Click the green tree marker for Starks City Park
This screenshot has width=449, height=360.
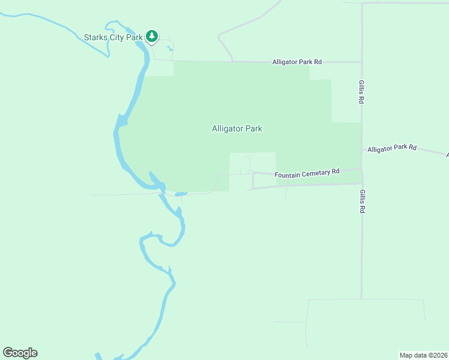(152, 37)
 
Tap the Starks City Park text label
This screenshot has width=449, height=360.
(113, 37)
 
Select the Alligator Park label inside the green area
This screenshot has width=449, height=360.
(237, 128)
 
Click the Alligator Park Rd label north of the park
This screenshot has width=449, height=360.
(297, 62)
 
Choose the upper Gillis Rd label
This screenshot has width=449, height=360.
(361, 92)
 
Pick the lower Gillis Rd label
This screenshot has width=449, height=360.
(362, 202)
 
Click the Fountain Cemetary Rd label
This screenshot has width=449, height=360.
(307, 172)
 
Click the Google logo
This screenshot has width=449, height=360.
(20, 353)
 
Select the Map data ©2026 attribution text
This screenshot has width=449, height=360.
(423, 355)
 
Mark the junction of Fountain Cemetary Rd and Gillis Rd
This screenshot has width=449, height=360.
(361, 169)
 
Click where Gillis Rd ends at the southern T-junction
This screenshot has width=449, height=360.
(361, 299)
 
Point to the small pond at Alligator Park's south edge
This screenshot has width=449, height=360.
(181, 193)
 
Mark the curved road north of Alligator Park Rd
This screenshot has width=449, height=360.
(222, 45)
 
